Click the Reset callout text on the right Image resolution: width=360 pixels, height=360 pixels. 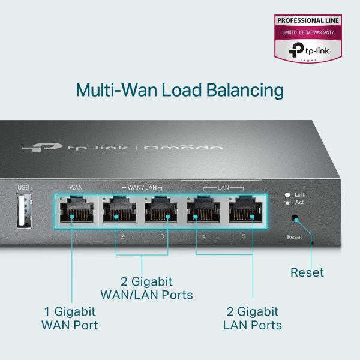click(x=307, y=272)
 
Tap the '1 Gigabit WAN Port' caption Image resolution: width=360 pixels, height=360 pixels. click(x=69, y=319)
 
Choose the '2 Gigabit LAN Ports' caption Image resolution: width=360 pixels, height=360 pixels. click(x=252, y=319)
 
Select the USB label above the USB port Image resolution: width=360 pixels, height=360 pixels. click(x=23, y=188)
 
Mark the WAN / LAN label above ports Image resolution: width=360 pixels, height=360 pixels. click(x=142, y=188)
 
